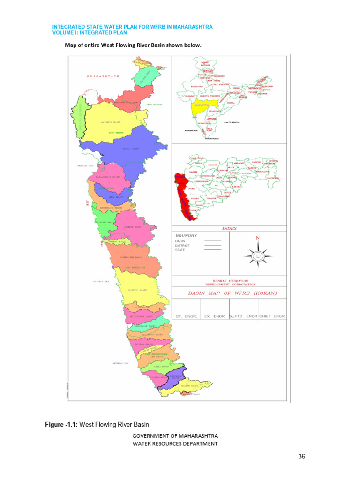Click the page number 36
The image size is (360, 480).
coord(301,457)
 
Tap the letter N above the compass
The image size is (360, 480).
coord(257,238)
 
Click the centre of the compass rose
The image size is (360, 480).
coord(257,256)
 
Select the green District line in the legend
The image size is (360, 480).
coord(213,245)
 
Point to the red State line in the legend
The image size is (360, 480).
coord(213,250)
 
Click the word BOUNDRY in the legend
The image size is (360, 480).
coord(186,235)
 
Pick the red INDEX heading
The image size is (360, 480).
coord(229,229)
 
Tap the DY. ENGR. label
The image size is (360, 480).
coord(185,316)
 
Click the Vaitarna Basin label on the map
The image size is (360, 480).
coord(110,122)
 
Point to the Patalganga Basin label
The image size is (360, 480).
coord(108,177)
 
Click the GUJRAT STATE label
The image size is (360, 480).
coord(103,76)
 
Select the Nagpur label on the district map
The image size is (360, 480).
coord(256,162)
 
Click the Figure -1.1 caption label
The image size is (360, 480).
coord(61,425)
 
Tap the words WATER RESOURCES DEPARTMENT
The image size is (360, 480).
coord(175,443)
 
